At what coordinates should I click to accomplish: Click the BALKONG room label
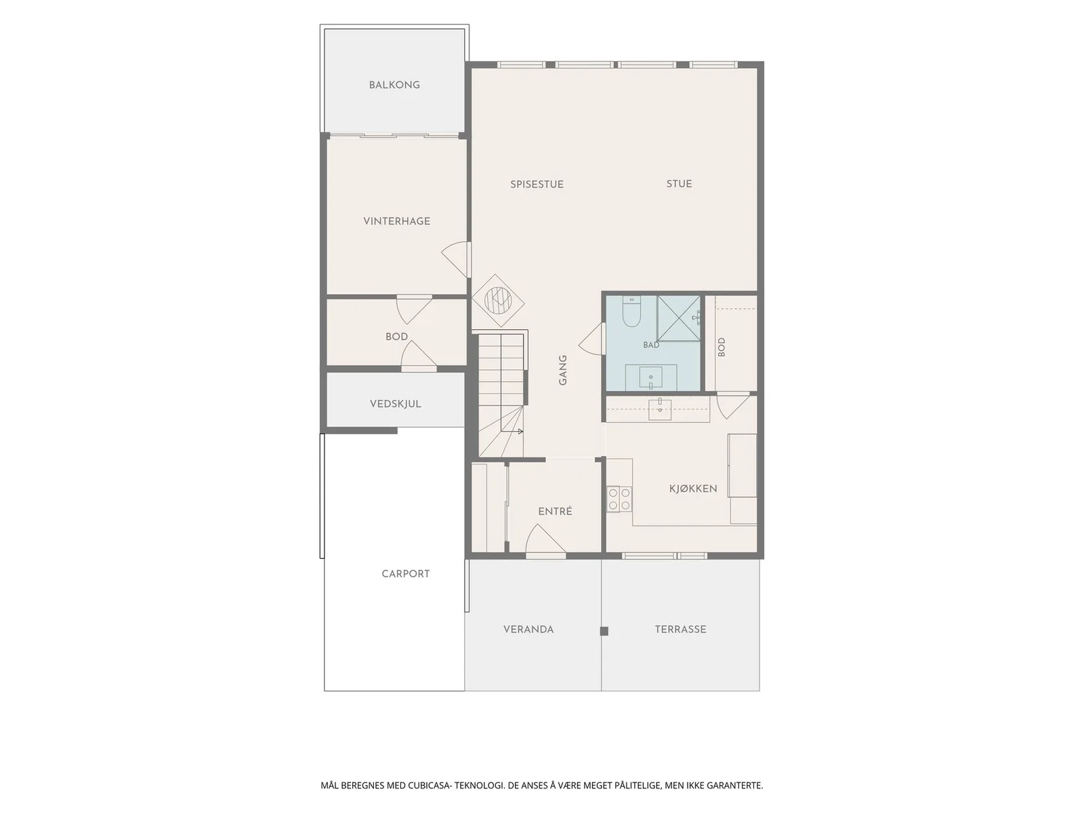394,85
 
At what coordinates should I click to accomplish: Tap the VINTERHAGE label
396,221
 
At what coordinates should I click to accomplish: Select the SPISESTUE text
537,184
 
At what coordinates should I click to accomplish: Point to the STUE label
679,184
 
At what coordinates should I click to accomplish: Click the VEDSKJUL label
396,404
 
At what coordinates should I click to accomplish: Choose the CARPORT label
405,574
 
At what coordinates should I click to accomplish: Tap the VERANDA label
528,629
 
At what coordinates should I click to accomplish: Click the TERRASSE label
680,629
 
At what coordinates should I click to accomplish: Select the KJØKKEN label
693,488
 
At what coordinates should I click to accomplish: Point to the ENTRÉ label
555,512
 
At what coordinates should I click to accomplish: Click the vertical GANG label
562,370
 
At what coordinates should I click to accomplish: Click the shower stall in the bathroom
679,318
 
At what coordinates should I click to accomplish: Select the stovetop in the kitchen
619,499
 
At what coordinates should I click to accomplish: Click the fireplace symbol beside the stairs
498,300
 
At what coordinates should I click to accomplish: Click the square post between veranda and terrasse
604,631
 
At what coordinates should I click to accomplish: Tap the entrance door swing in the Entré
545,541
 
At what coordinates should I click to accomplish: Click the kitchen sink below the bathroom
660,409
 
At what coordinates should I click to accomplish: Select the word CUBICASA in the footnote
429,785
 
